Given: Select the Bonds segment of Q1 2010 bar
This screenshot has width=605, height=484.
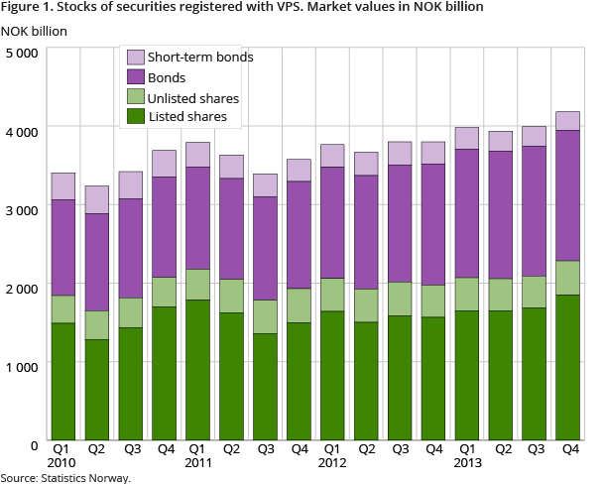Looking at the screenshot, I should click(x=63, y=247).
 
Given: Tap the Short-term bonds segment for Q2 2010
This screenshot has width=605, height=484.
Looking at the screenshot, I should click(x=97, y=199).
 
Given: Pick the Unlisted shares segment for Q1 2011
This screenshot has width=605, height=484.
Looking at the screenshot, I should click(x=198, y=285).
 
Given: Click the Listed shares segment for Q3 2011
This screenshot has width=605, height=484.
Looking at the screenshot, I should click(x=265, y=388).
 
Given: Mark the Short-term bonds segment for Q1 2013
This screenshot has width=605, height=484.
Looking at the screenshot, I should click(x=467, y=138).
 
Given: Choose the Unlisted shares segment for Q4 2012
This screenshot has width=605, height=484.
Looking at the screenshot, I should click(x=433, y=301).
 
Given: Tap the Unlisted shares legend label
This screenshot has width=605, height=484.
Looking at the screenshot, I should click(x=194, y=97).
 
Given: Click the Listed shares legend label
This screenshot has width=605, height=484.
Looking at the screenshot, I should click(x=188, y=117).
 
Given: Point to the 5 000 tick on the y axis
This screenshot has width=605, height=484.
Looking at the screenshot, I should click(x=21, y=52).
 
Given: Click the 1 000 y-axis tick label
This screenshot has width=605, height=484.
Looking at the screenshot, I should click(x=21, y=364).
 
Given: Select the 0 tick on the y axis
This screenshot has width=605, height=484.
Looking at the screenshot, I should click(x=33, y=442).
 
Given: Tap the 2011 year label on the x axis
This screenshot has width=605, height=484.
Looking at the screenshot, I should click(x=198, y=464).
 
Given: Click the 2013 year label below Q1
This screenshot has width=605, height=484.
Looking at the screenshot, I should click(x=467, y=464).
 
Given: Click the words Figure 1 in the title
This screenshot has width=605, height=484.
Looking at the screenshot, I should click(x=30, y=8).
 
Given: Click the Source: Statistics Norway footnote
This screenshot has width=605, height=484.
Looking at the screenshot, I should click(x=65, y=477).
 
